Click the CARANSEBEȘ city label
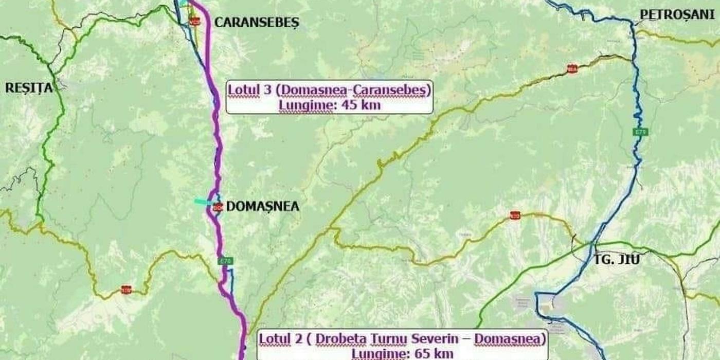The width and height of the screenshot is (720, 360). pyautogui.click(x=256, y=23)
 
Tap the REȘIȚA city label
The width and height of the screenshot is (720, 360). pyautogui.click(x=29, y=88)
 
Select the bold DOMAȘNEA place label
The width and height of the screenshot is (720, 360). pyautogui.click(x=263, y=207)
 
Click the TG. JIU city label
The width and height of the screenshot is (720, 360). pyautogui.click(x=617, y=260)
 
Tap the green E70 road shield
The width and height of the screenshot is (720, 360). pyautogui.click(x=225, y=262)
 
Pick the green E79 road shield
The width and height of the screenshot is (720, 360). pyautogui.click(x=640, y=132)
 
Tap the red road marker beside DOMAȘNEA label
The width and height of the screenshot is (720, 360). pyautogui.click(x=218, y=207)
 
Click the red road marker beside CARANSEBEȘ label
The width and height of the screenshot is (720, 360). pyautogui.click(x=194, y=22)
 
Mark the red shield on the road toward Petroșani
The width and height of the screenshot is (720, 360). pyautogui.click(x=571, y=69)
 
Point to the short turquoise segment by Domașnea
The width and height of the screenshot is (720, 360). pyautogui.click(x=203, y=202)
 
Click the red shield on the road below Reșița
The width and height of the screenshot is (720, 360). pyautogui.click(x=126, y=290)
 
